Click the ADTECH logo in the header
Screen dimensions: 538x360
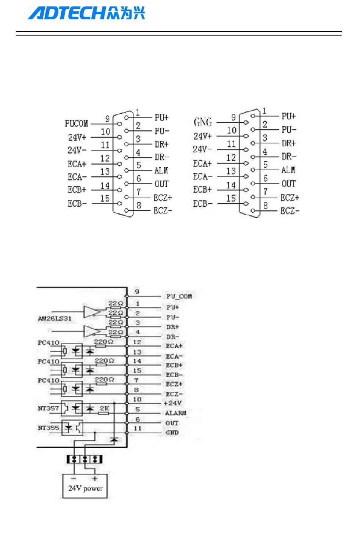(86, 14)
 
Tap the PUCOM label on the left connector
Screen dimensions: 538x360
(77, 124)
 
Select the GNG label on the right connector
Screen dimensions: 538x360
(203, 122)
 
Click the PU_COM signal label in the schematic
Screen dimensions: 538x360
(179, 296)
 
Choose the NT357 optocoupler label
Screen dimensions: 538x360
(49, 408)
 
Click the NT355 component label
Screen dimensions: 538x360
(49, 428)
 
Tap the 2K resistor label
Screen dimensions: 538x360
(104, 408)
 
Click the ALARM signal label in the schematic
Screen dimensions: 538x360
(175, 413)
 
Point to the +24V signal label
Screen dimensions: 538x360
(172, 403)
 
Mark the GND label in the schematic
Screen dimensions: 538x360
(172, 432)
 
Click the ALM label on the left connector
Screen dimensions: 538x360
(161, 171)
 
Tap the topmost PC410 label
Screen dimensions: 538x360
(49, 343)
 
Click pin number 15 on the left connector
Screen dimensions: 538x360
(105, 198)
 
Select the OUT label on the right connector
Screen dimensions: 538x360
(288, 184)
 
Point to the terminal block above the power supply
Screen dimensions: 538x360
(85, 459)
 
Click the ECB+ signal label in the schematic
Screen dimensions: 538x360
(174, 365)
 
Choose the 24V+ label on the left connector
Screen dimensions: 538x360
(77, 137)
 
